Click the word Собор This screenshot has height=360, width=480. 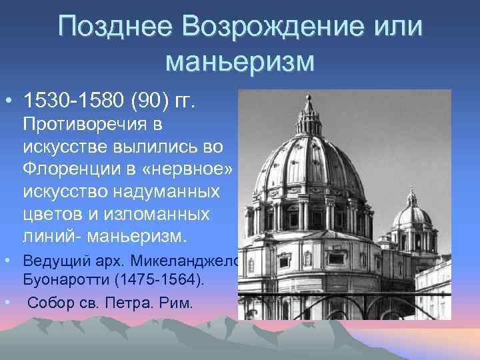point(50,303)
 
